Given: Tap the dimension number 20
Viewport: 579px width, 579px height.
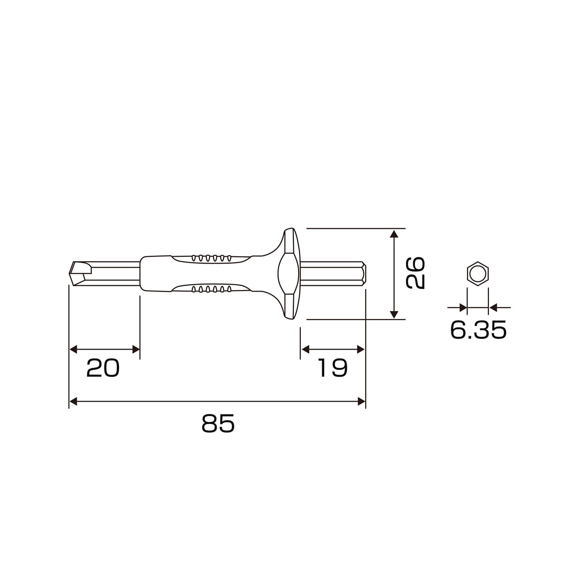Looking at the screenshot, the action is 102,368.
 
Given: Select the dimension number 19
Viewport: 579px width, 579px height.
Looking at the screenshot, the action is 333,368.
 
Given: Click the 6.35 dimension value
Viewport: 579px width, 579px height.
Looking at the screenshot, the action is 478,330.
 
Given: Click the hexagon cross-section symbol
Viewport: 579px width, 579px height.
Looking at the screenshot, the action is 478,274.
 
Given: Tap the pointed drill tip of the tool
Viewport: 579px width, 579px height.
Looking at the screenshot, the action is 70,273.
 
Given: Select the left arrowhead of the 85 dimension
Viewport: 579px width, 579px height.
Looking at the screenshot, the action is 73,402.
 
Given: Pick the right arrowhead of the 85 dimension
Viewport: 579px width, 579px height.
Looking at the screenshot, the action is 361,402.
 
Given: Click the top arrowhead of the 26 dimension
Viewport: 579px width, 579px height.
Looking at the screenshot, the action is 395,233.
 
